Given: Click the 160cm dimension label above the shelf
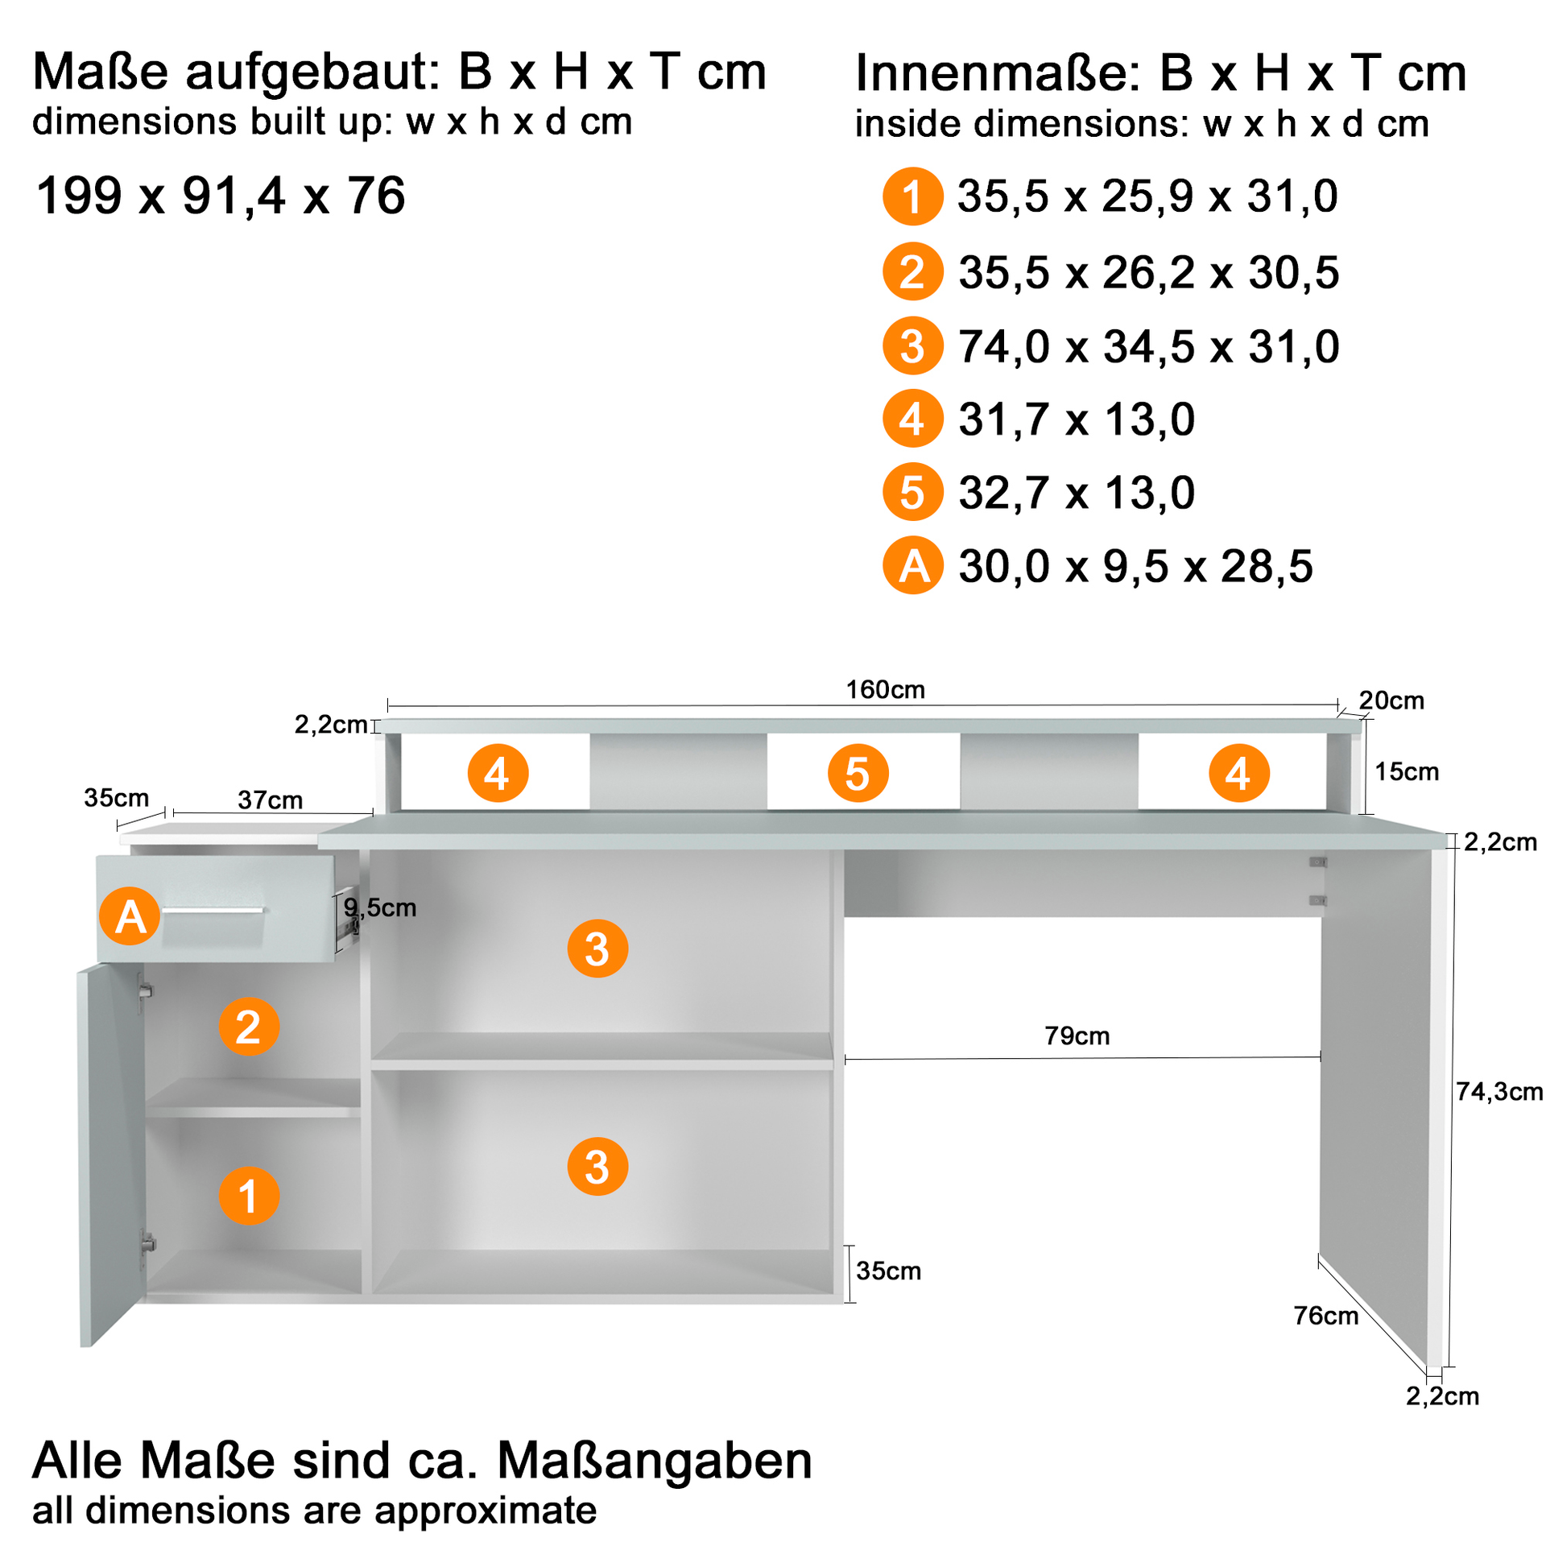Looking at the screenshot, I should pyautogui.click(x=884, y=689).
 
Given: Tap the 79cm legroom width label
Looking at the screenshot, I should pyautogui.click(x=1077, y=1035).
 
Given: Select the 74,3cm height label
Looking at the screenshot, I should pyautogui.click(x=1498, y=1091).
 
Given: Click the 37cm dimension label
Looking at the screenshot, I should pyautogui.click(x=270, y=800).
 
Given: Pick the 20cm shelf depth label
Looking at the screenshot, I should pyautogui.click(x=1391, y=700).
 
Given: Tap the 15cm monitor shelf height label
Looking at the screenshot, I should pyautogui.click(x=1406, y=771).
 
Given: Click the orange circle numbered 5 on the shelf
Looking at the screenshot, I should pyautogui.click(x=858, y=773).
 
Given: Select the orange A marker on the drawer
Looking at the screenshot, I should pyautogui.click(x=130, y=916).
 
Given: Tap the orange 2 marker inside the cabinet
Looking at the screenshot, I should pyautogui.click(x=249, y=1026).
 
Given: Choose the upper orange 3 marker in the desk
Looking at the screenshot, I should pyautogui.click(x=597, y=949).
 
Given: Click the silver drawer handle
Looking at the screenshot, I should pyautogui.click(x=213, y=911).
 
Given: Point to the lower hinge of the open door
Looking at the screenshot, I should pyautogui.click(x=147, y=1243).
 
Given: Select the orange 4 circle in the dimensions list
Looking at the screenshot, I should pyautogui.click(x=911, y=418).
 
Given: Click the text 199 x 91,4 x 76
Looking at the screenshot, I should pyautogui.click(x=220, y=196).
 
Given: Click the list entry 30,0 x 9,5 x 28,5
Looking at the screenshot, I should pyautogui.click(x=1135, y=566).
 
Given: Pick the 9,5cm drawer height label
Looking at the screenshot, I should pyautogui.click(x=379, y=907).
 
